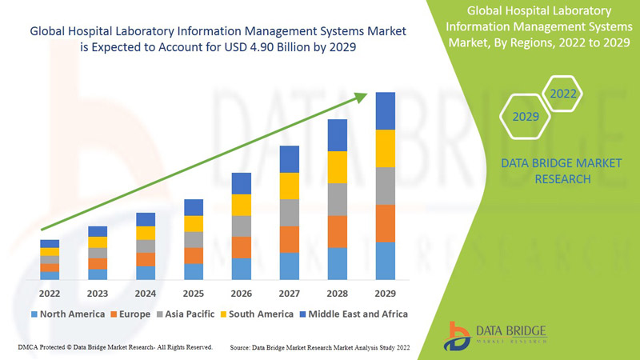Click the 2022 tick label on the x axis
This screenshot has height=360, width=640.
coord(49,293)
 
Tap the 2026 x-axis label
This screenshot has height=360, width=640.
coord(241,293)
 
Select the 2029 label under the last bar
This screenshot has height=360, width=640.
coord(385,293)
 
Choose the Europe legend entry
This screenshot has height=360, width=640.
coord(130,314)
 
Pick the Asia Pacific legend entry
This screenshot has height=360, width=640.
coord(190,314)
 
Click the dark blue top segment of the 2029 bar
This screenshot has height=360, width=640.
coord(385,110)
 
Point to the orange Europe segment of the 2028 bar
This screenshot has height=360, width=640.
coord(337,231)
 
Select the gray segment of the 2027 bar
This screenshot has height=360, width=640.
coord(289,212)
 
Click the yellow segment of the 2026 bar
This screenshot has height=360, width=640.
coord(241,205)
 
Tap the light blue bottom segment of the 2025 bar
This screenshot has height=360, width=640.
coord(193,271)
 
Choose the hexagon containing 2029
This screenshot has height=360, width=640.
coord(526,117)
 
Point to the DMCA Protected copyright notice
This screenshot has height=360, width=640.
coord(114,347)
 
